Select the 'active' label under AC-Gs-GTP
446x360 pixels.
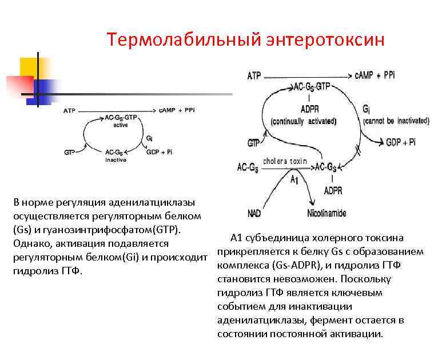click(x=120, y=125)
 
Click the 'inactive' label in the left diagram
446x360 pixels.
click(x=116, y=160)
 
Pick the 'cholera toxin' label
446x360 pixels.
click(x=285, y=162)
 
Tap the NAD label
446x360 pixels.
click(x=254, y=213)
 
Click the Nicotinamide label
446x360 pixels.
click(x=326, y=213)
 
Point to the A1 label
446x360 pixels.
click(x=295, y=179)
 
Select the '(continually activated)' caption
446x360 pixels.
click(x=304, y=121)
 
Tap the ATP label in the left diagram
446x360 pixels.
click(x=69, y=110)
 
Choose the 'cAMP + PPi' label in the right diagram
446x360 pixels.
click(x=375, y=75)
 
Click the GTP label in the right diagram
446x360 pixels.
click(x=254, y=142)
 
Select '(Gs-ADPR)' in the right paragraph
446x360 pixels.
click(x=288, y=265)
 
